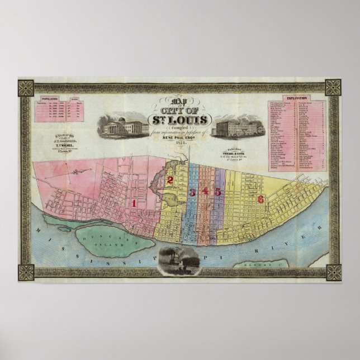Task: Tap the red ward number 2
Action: [x=169, y=179]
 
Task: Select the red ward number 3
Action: [x=192, y=193]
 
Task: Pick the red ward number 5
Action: [x=218, y=192]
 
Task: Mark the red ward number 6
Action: [x=260, y=199]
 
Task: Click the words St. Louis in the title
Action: [x=177, y=119]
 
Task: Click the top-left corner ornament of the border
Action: [x=26, y=87]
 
